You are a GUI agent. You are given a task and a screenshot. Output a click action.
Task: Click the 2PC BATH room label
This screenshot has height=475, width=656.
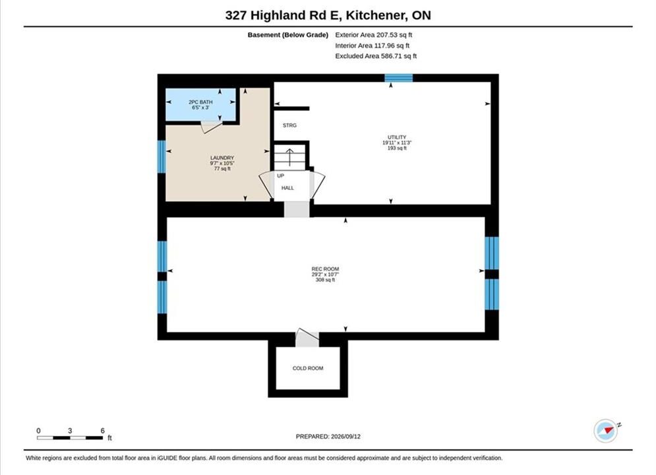click(200, 102)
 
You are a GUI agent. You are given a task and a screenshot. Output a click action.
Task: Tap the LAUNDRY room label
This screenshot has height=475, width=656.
click(222, 158)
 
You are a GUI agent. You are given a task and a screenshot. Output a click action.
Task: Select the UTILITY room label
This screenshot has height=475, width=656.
click(397, 137)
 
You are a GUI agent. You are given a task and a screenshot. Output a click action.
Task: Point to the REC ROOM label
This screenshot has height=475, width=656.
click(325, 269)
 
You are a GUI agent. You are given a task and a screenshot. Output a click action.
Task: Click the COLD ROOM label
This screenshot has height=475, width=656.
click(308, 368)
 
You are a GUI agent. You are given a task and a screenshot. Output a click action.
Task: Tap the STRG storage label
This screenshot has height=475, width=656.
click(289, 125)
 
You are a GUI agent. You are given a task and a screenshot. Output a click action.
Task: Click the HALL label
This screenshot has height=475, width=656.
click(287, 188)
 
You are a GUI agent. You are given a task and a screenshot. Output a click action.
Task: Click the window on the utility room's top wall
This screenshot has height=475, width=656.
click(399, 78)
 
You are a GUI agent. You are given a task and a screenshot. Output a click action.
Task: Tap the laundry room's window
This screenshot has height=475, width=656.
click(162, 156)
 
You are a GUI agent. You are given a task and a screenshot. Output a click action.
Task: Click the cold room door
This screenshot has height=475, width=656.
click(307, 337)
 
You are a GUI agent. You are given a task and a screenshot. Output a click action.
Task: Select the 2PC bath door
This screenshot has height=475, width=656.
click(212, 127)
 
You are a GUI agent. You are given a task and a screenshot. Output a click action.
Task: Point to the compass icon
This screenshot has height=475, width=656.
click(606, 431)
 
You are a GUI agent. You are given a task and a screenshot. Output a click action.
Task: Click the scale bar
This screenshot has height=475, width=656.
click(70, 438)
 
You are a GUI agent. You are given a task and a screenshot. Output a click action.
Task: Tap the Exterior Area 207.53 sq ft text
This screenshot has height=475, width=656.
click(374, 35)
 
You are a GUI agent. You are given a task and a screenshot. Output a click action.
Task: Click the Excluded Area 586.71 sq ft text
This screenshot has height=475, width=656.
click(376, 56)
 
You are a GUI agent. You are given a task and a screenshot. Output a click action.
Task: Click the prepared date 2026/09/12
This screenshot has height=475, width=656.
click(345, 436)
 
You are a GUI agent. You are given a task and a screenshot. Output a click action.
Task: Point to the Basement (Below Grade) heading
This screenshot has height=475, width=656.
click(288, 35)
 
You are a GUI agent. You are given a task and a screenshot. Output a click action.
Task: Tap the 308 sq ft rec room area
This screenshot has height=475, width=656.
click(325, 280)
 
